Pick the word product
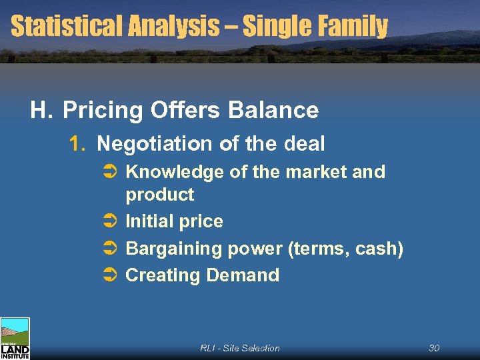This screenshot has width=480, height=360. [160, 195]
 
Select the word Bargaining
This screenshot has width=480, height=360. [174, 249]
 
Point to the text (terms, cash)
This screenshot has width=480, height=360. [345, 249]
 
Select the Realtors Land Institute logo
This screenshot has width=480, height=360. [15, 339]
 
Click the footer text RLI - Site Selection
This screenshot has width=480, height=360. [240, 348]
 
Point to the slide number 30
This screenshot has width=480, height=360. [434, 348]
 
